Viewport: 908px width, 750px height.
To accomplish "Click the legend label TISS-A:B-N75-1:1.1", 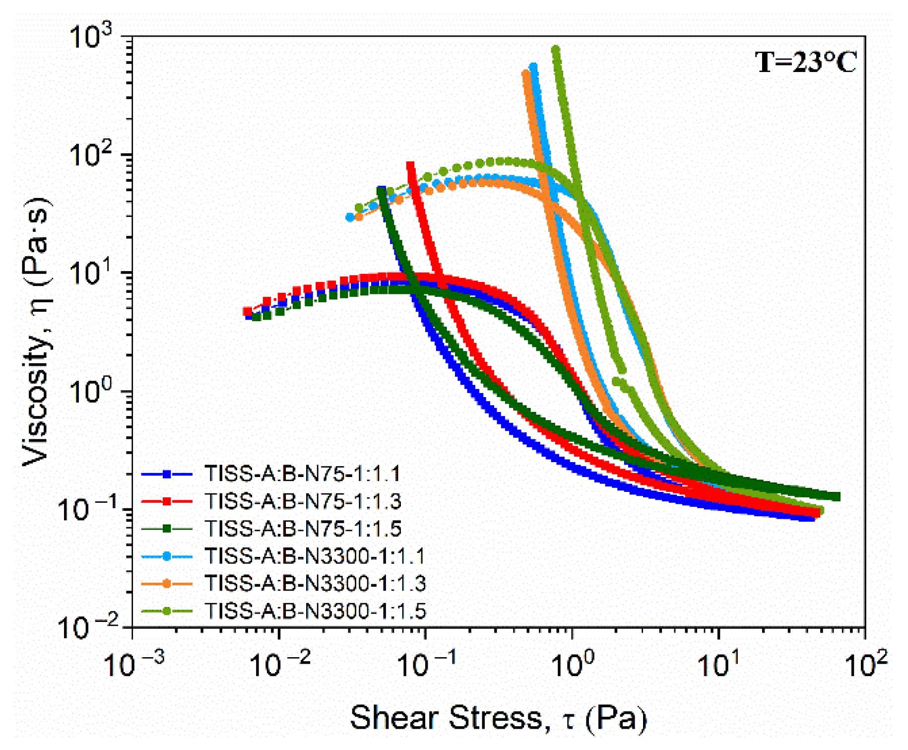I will click(x=303, y=474).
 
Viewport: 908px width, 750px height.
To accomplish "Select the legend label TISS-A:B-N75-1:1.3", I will click(x=303, y=501).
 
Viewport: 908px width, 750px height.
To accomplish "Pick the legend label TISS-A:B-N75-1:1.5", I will click(x=303, y=529).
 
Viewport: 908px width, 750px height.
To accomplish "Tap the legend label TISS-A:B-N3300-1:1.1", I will click(x=315, y=556).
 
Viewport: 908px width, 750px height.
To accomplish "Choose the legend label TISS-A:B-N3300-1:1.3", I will click(x=315, y=583).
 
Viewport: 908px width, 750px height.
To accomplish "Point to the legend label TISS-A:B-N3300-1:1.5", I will click(x=315, y=611).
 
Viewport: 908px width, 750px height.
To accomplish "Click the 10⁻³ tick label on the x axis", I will click(x=133, y=665).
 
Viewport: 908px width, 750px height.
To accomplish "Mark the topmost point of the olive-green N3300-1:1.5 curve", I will click(x=556, y=50).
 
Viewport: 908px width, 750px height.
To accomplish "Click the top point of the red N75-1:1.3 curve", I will click(x=410, y=165).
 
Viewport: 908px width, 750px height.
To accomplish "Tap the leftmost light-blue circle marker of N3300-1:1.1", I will click(x=350, y=217).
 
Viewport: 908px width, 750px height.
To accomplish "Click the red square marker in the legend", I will click(x=167, y=501).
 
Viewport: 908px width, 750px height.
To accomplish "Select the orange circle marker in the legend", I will click(x=167, y=584).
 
